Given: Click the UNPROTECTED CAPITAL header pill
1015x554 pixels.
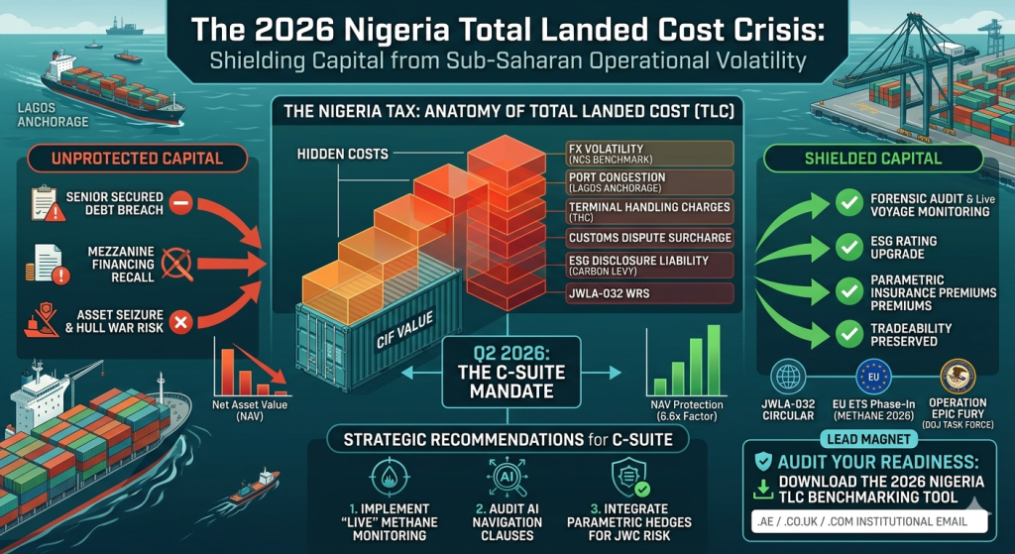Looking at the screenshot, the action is point(137,159).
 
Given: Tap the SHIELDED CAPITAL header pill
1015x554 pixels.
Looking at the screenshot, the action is point(872,159).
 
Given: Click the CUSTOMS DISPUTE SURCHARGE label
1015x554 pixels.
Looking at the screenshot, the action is point(650,238).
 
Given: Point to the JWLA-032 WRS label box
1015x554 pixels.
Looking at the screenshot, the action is point(650,293).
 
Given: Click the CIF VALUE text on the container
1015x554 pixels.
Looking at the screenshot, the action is point(404,329).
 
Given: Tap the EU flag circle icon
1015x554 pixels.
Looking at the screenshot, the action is point(873,377).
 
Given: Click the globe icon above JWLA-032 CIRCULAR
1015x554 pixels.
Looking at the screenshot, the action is point(788,377).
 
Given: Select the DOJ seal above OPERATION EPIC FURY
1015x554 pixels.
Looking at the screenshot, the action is point(958,377).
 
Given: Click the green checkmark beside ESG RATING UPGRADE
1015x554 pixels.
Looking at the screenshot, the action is point(848,247).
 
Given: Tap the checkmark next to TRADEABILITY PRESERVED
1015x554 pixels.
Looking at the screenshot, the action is point(848,334).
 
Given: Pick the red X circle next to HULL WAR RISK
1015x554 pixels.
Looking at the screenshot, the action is point(181,321).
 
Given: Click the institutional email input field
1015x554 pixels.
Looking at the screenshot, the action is point(869,521).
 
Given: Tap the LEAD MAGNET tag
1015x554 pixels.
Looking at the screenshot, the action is point(868,439).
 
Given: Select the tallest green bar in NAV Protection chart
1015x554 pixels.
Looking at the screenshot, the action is point(714,360).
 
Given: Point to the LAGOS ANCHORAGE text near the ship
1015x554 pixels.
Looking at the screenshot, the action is point(54,115).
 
